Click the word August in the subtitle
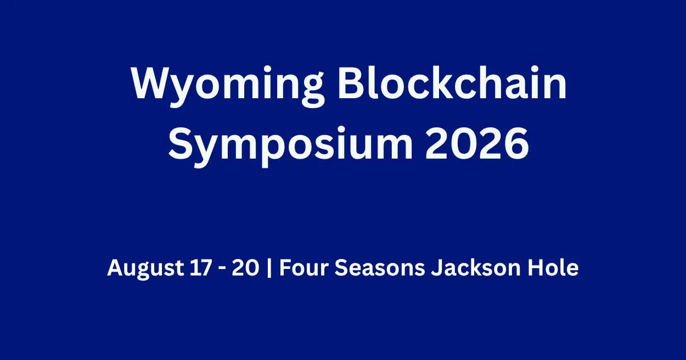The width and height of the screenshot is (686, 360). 139,268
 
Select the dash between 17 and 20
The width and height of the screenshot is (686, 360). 216,269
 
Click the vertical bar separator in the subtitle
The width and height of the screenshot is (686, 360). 269,269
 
